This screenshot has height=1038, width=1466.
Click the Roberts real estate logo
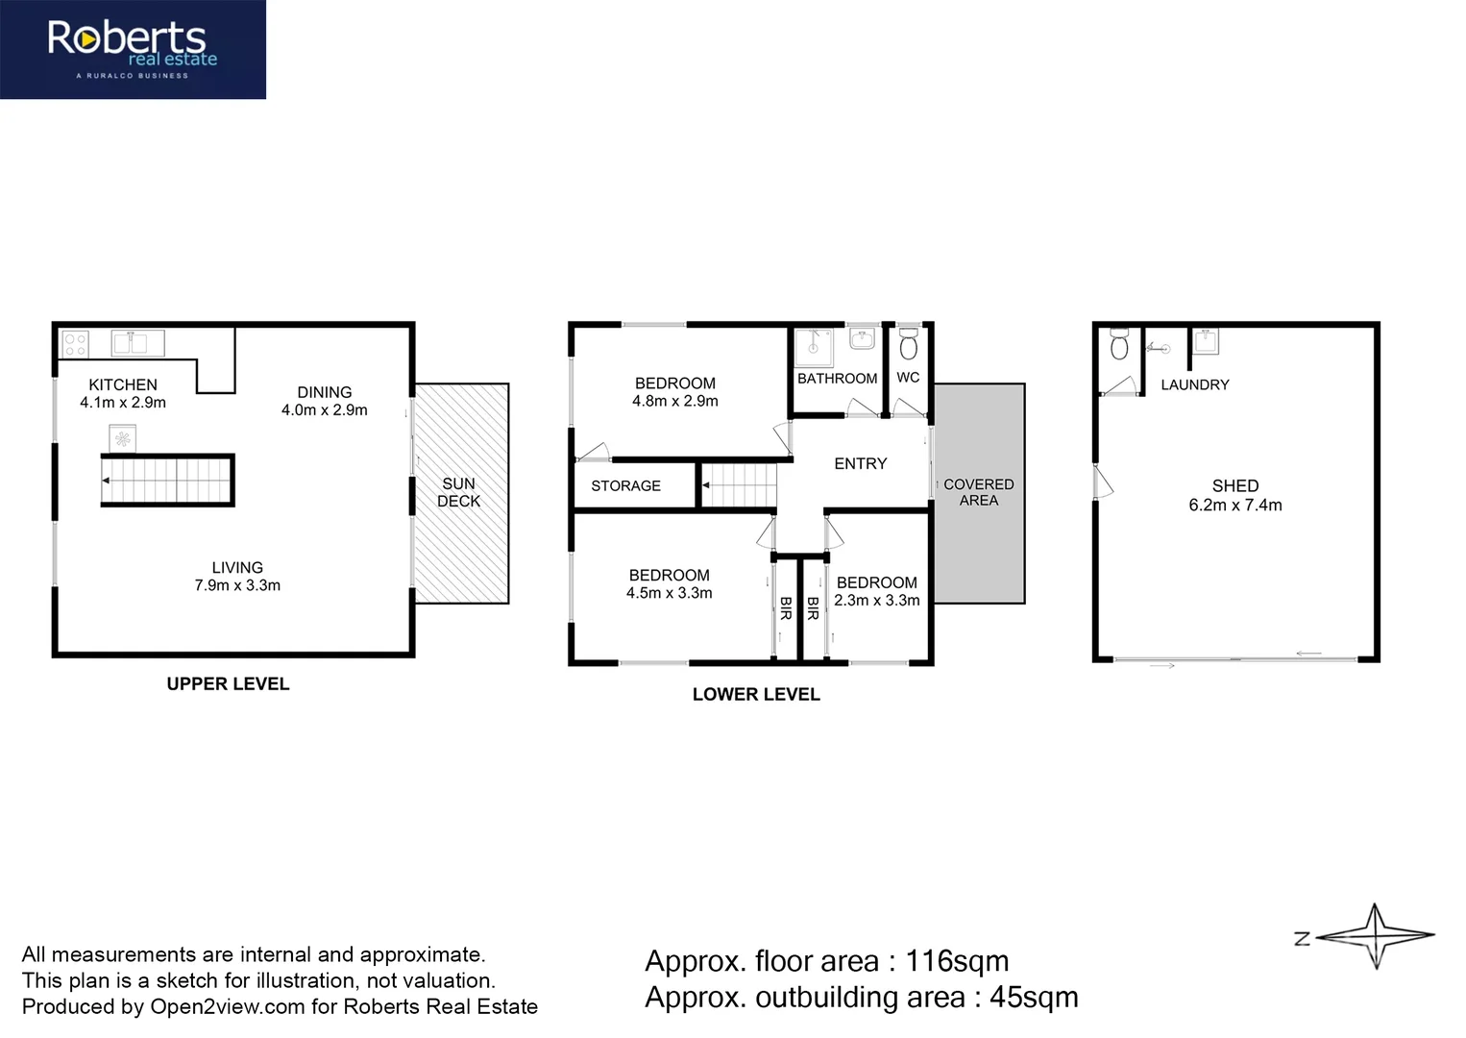tap(133, 49)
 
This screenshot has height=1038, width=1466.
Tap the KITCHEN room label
tap(123, 384)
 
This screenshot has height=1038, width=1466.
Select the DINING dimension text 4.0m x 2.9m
tap(324, 410)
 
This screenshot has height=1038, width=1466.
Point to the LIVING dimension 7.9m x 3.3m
tap(237, 585)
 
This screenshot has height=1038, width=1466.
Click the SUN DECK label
tap(458, 492)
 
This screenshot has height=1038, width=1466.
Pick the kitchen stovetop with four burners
tap(75, 344)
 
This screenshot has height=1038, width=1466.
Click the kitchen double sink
tap(137, 343)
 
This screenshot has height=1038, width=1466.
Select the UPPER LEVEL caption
tap(228, 684)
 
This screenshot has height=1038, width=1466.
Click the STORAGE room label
tap(625, 486)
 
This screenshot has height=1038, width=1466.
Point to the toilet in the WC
tap(908, 344)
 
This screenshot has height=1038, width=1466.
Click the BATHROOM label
tap(837, 379)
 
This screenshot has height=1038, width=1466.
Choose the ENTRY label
tap(860, 464)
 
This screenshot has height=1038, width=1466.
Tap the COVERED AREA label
tap(978, 492)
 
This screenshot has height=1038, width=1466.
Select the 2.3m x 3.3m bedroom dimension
tap(876, 601)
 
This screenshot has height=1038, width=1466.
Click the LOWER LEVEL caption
tap(756, 695)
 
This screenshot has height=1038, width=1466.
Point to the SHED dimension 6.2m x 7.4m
tap(1234, 506)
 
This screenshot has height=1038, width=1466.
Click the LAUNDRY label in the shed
tap(1194, 385)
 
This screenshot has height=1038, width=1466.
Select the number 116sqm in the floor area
tap(957, 961)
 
